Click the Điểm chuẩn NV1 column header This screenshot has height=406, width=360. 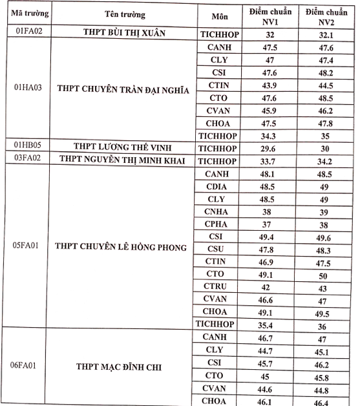point(270,16)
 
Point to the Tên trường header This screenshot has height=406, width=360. point(124,14)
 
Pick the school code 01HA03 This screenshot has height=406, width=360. point(28,88)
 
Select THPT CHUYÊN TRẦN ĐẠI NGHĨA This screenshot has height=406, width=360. point(123,90)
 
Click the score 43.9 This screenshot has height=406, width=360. point(270,86)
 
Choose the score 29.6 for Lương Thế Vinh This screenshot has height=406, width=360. point(270,148)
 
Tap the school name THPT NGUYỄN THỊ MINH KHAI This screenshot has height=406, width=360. point(123,160)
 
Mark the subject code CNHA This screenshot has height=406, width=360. point(217,211)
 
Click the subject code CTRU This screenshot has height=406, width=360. point(217,286)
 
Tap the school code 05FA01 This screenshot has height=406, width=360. point(28,246)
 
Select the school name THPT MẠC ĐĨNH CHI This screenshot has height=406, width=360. point(123,368)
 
